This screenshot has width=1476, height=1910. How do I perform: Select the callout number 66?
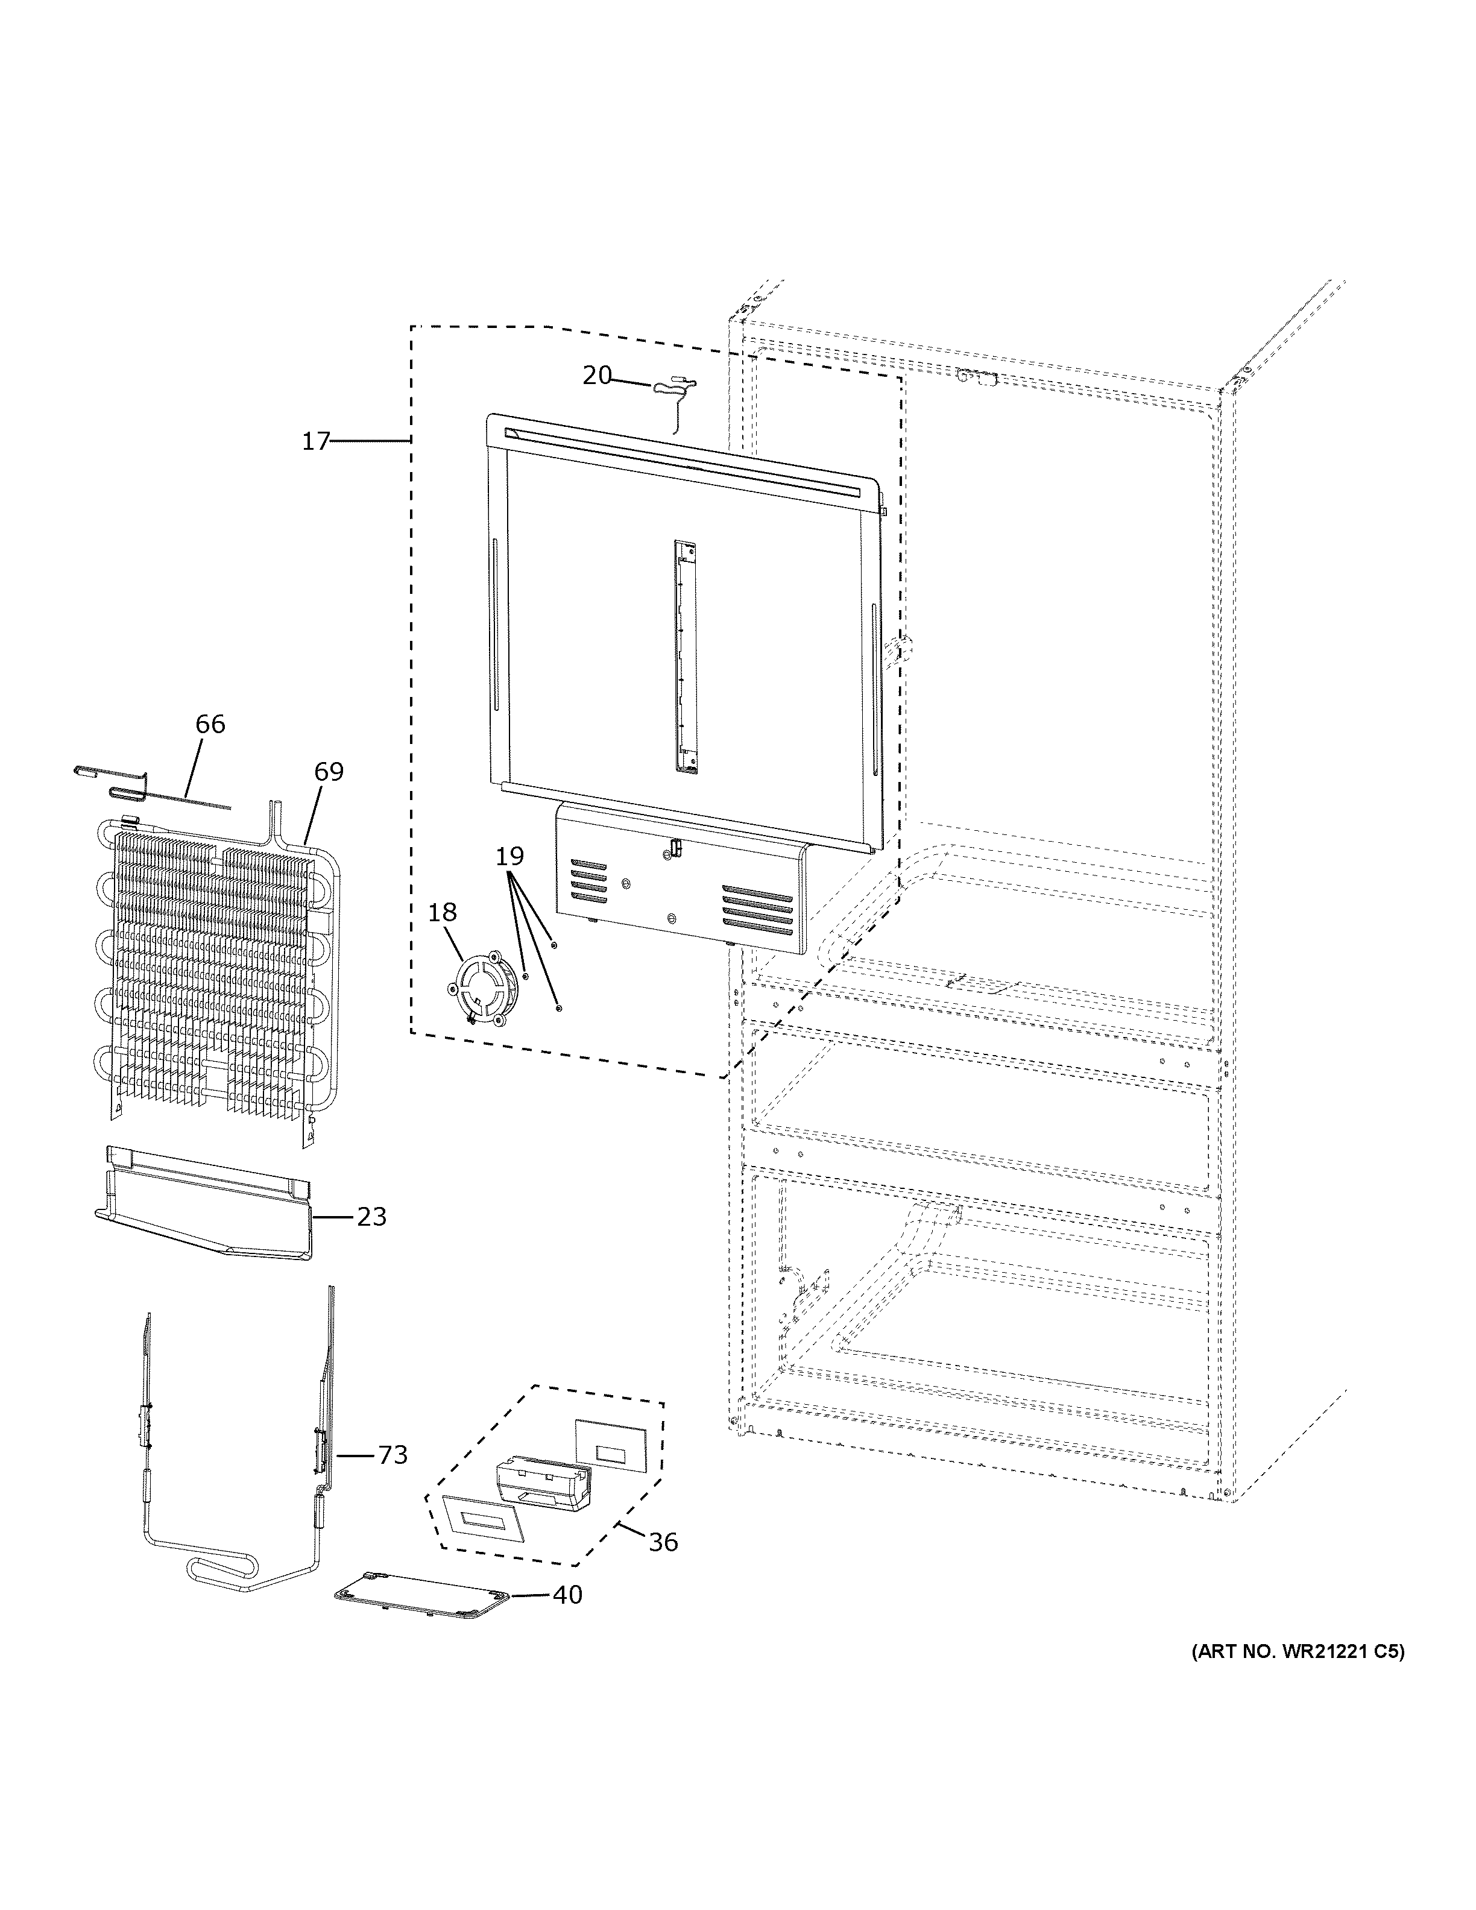[210, 724]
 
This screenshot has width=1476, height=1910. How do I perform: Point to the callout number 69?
[329, 771]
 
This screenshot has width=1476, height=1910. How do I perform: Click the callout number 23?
[371, 1217]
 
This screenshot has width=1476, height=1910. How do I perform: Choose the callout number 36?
[663, 1542]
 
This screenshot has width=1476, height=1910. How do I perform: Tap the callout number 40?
[567, 1595]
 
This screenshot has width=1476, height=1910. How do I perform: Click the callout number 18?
[443, 912]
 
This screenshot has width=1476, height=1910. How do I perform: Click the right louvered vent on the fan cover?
[757, 910]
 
